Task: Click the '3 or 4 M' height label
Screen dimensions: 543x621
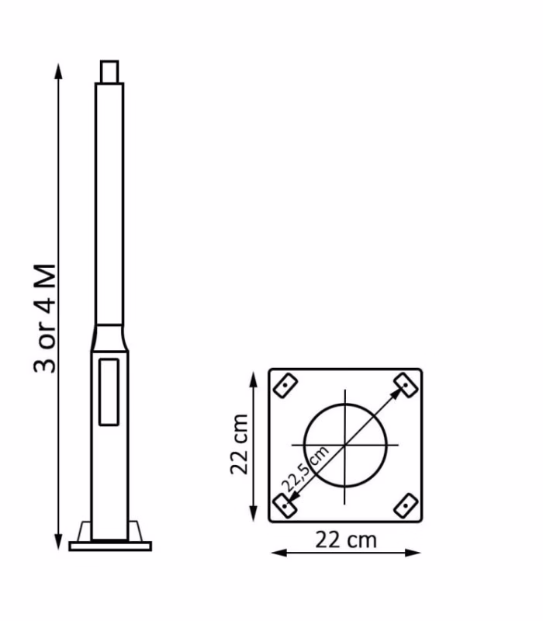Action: tap(45, 318)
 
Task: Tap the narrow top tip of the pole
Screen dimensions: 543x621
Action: tap(109, 71)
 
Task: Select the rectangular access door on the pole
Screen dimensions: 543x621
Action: tap(109, 392)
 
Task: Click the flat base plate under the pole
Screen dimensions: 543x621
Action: tap(110, 546)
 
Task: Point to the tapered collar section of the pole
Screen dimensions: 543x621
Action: tap(109, 338)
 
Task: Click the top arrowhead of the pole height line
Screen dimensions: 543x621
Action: tap(59, 71)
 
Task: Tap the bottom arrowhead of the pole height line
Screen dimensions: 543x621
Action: tap(59, 542)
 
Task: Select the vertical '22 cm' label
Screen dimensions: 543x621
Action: tap(239, 444)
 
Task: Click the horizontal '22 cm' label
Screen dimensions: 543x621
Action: tap(346, 539)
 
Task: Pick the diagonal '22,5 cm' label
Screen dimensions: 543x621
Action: tap(304, 470)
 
